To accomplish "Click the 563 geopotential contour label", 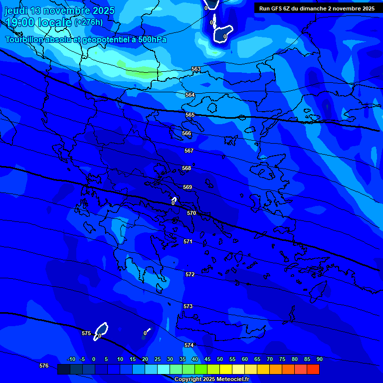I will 196,69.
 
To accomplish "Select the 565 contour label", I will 190,115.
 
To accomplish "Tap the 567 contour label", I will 189,151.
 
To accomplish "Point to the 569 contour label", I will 188,187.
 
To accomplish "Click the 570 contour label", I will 191,213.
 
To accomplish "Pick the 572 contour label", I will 190,275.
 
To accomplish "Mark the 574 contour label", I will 189,345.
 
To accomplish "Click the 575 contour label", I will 86,333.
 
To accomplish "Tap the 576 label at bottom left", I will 44,366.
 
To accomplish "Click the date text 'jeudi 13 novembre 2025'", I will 60,10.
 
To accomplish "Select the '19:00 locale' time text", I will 39,22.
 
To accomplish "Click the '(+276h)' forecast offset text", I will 88,22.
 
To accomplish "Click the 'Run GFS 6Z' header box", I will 317,8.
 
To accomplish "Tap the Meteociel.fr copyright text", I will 211,380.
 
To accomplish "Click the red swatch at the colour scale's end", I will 313,370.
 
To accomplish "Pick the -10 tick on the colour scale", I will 71,359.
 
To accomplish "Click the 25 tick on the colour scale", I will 158,359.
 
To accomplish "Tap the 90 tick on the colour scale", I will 320,359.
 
